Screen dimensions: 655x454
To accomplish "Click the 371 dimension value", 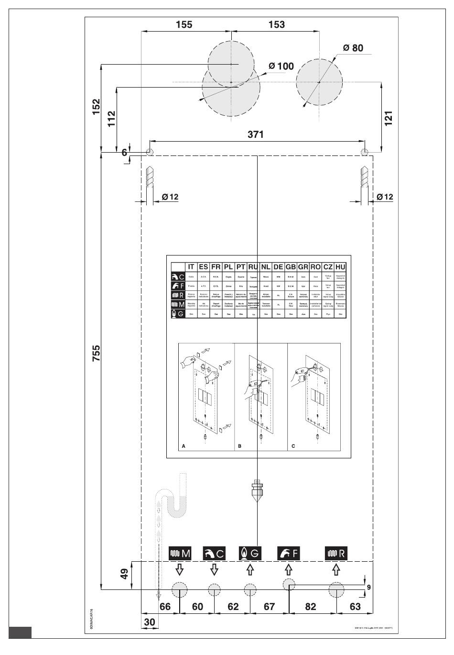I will coord(256,134).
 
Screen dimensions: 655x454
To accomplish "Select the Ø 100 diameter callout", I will coord(281,66).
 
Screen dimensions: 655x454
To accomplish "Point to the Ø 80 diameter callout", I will coord(353,48).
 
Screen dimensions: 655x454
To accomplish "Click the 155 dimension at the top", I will coord(184,24).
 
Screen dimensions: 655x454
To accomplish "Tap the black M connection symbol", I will coord(180,553).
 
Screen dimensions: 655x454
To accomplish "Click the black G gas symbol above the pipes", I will coord(250,553).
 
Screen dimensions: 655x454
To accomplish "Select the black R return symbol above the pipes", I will coord(336,553).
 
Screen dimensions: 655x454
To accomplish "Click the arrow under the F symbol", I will coord(288,569).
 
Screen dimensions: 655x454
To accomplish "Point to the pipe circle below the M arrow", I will coord(179,589).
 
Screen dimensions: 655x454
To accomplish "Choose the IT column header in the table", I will coord(191,267).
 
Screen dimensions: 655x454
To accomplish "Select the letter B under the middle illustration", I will coord(239,446).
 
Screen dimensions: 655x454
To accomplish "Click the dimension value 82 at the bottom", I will coord(311,607).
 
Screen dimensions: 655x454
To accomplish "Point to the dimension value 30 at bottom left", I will coord(150,622).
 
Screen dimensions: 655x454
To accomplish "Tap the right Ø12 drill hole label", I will coord(385,197).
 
